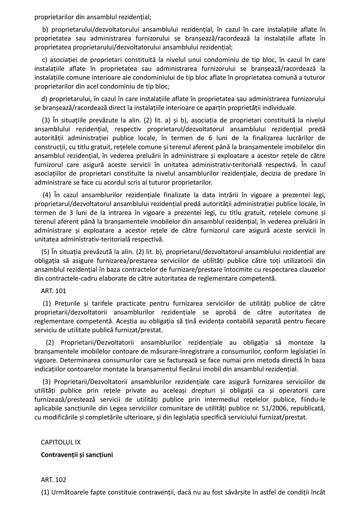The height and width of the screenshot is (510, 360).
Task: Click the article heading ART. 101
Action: coord(54,291)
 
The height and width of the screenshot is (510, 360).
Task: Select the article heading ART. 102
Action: coord(54,480)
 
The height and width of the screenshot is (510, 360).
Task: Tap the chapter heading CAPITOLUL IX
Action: coord(61,442)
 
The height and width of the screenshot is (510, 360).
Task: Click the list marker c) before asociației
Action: coord(44,60)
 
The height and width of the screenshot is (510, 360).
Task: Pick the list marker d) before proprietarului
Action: coord(44,98)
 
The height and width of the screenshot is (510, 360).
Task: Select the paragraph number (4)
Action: coord(47,195)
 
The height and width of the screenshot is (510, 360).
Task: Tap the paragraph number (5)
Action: coord(46,252)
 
